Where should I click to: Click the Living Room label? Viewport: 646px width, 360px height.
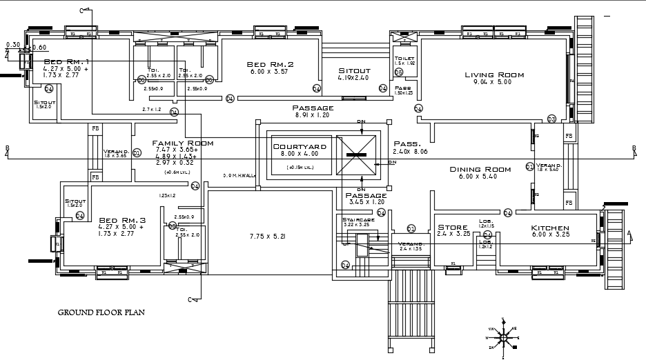493,74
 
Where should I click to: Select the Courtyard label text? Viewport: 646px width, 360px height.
299,147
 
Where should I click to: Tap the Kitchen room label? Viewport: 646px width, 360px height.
549,228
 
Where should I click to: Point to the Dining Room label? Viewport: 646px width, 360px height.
480,169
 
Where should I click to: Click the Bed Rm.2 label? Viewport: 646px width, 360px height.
270,64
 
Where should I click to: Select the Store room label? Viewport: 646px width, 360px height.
453,227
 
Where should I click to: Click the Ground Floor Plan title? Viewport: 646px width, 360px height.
101,312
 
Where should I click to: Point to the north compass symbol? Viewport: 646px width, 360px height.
505,336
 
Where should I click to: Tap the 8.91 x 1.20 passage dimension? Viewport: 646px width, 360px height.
313,116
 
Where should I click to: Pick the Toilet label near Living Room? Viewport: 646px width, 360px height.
403,58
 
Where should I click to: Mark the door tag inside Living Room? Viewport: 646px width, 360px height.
551,119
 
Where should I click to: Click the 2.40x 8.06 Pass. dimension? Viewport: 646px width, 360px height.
410,151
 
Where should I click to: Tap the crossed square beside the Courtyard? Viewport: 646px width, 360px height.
356,157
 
